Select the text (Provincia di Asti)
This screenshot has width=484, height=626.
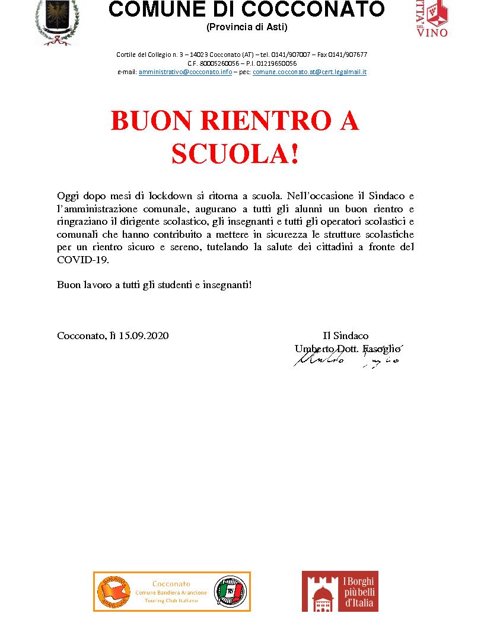tap(246, 27)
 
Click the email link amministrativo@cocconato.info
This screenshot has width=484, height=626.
tap(185, 72)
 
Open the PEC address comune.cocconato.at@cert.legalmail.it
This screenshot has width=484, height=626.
tap(310, 72)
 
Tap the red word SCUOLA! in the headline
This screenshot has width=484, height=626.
tap(235, 154)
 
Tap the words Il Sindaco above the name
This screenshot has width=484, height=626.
tap(345, 336)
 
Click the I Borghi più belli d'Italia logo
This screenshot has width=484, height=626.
tap(340, 591)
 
